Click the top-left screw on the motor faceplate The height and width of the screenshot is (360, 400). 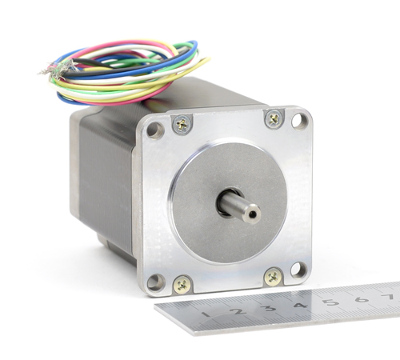click(182, 124)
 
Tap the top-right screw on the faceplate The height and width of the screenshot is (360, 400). click(274, 119)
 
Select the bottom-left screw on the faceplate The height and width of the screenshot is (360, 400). click(182, 286)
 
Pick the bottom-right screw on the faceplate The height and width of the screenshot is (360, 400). click(273, 278)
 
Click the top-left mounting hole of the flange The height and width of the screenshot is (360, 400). click(155, 130)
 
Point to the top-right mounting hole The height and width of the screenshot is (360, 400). click(300, 122)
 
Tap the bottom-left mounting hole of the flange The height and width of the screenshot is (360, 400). click(156, 282)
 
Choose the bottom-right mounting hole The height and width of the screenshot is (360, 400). click(298, 270)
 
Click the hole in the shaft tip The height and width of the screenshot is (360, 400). click(252, 214)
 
